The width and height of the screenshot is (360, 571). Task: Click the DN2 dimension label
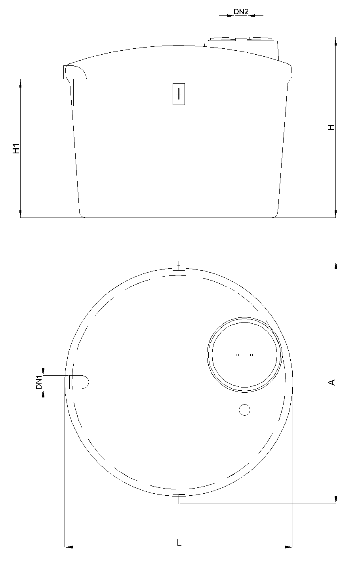tap(241, 11)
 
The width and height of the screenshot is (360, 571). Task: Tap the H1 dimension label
tap(16, 149)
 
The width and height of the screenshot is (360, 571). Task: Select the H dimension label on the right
tap(331, 127)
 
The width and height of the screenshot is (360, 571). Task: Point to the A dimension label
tap(332, 382)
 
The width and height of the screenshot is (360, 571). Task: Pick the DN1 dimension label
tap(39, 382)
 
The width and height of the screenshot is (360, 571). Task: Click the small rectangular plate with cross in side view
tap(179, 94)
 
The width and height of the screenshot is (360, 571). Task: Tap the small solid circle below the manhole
tap(245, 410)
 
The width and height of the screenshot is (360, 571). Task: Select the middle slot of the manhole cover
tap(244, 355)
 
